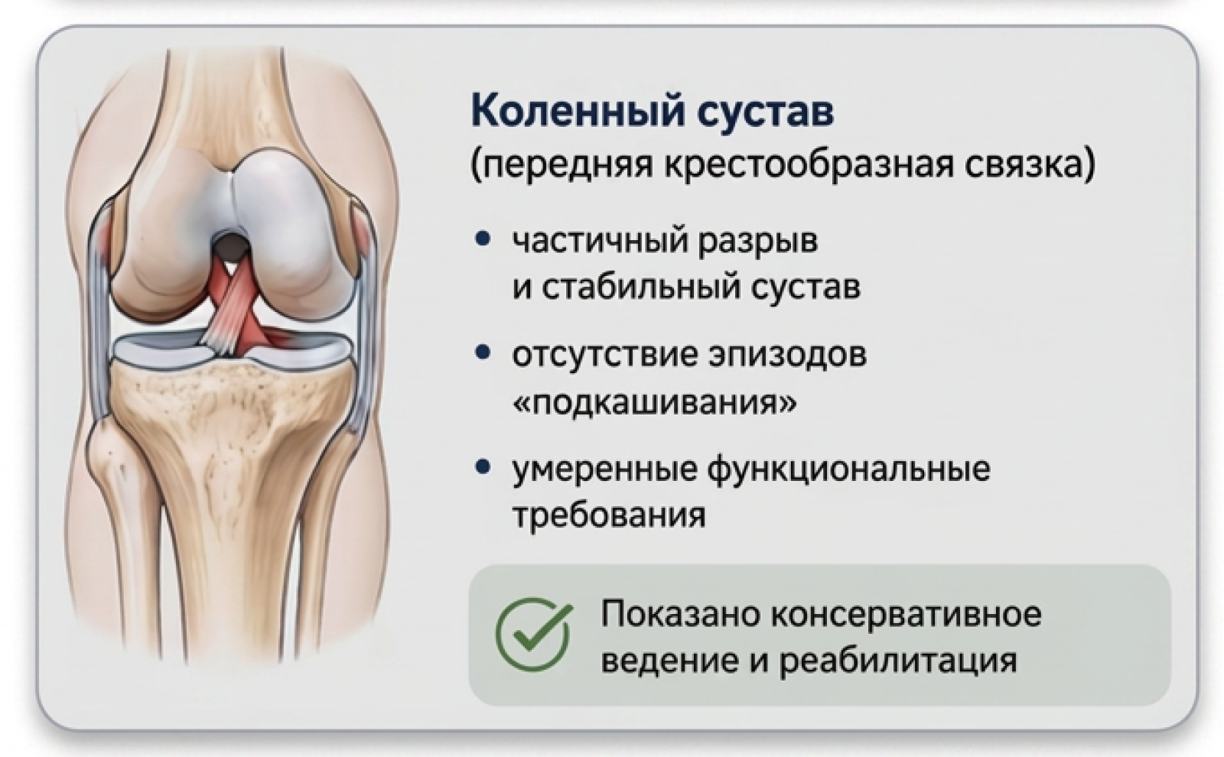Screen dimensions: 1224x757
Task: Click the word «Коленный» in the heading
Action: click(578, 112)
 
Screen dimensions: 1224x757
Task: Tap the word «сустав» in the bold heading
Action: click(765, 114)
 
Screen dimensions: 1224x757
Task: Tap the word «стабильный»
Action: click(640, 288)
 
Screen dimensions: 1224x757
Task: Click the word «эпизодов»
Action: click(788, 356)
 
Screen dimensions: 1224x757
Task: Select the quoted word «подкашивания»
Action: click(655, 402)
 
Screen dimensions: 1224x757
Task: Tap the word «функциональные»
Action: click(849, 469)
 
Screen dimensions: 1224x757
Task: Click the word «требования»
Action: click(609, 515)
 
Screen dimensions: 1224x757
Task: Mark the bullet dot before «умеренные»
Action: click(482, 468)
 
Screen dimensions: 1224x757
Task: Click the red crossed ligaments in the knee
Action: click(235, 306)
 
